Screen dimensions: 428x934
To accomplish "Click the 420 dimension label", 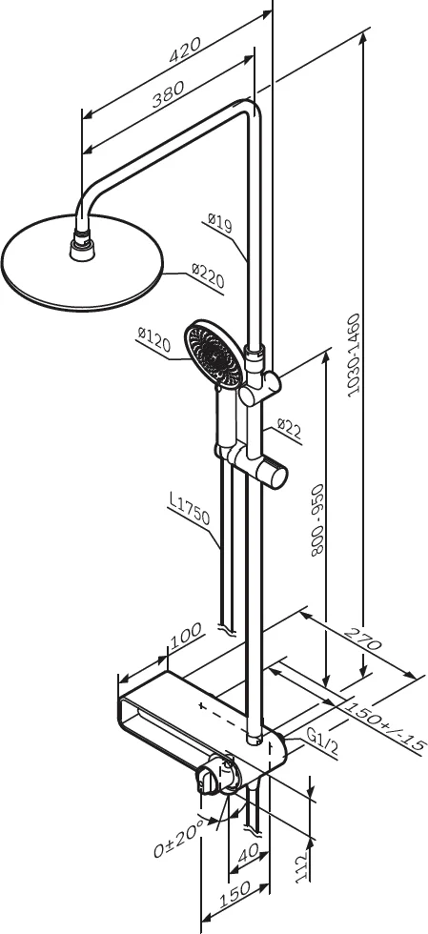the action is click(184, 50).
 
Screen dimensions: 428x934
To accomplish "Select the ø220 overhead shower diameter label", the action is click(208, 275).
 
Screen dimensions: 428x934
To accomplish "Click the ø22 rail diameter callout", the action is click(290, 429).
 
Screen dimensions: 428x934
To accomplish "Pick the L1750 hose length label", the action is click(189, 510).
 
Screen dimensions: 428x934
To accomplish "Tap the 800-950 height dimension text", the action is click(317, 519).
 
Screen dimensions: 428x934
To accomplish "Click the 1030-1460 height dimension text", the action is click(356, 355).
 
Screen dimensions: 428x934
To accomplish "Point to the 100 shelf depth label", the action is click(186, 635).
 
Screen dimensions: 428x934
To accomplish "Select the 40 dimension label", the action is click(248, 854).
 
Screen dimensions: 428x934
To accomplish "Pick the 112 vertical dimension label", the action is click(303, 866).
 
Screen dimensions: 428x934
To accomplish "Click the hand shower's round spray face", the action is click(213, 354).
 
